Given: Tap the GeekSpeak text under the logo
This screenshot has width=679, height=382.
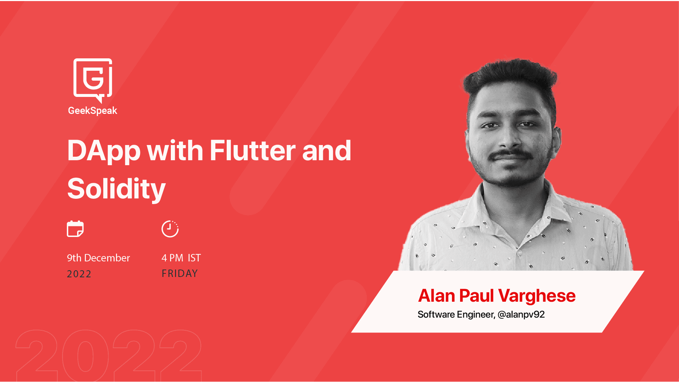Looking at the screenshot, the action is pos(92,111).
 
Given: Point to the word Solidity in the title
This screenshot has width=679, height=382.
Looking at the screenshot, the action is pos(116,189).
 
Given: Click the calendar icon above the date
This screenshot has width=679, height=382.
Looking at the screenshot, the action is pos(75,228).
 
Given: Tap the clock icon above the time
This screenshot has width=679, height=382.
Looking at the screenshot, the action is pos(170,229).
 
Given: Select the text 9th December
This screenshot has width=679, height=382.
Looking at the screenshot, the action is pos(98,258).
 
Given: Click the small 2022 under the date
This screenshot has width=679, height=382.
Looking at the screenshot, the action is pos(79,274).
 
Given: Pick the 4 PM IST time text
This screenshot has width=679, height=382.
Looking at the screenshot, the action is pos(181,258).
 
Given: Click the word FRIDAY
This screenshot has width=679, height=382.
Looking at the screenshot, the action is pos(180,273).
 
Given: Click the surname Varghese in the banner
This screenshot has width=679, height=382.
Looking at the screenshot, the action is pos(537,296).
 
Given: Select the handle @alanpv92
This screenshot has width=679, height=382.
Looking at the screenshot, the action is pos(521,314).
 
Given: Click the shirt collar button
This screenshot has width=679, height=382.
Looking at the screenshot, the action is pos(520,253).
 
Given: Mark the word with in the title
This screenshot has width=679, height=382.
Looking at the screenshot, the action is pos(175,150).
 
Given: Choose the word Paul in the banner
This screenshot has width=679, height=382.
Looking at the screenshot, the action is pos(476,296).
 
